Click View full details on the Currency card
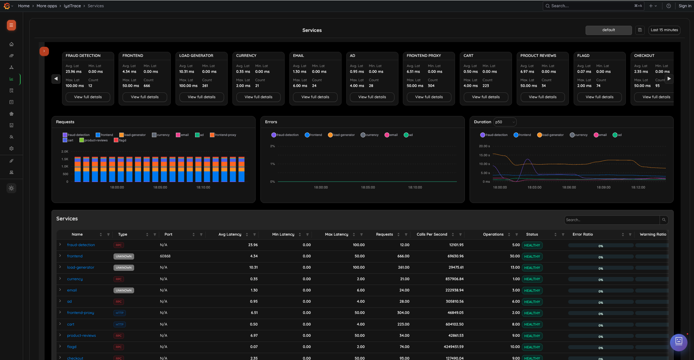click(258, 97)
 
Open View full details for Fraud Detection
click(88, 97)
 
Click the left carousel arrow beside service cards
click(56, 79)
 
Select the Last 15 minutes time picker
click(664, 30)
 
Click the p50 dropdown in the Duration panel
click(505, 122)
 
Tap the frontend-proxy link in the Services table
click(80, 313)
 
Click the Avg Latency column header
click(230, 235)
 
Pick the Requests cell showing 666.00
click(403, 256)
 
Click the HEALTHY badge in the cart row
click(532, 324)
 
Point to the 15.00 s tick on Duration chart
click(484, 155)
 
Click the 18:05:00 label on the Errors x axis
click(368, 187)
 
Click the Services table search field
click(612, 220)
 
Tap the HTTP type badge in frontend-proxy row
click(119, 313)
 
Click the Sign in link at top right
click(685, 6)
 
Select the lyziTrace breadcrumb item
click(72, 6)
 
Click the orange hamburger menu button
click(11, 25)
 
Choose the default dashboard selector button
click(608, 30)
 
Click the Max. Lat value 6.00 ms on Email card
click(300, 86)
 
